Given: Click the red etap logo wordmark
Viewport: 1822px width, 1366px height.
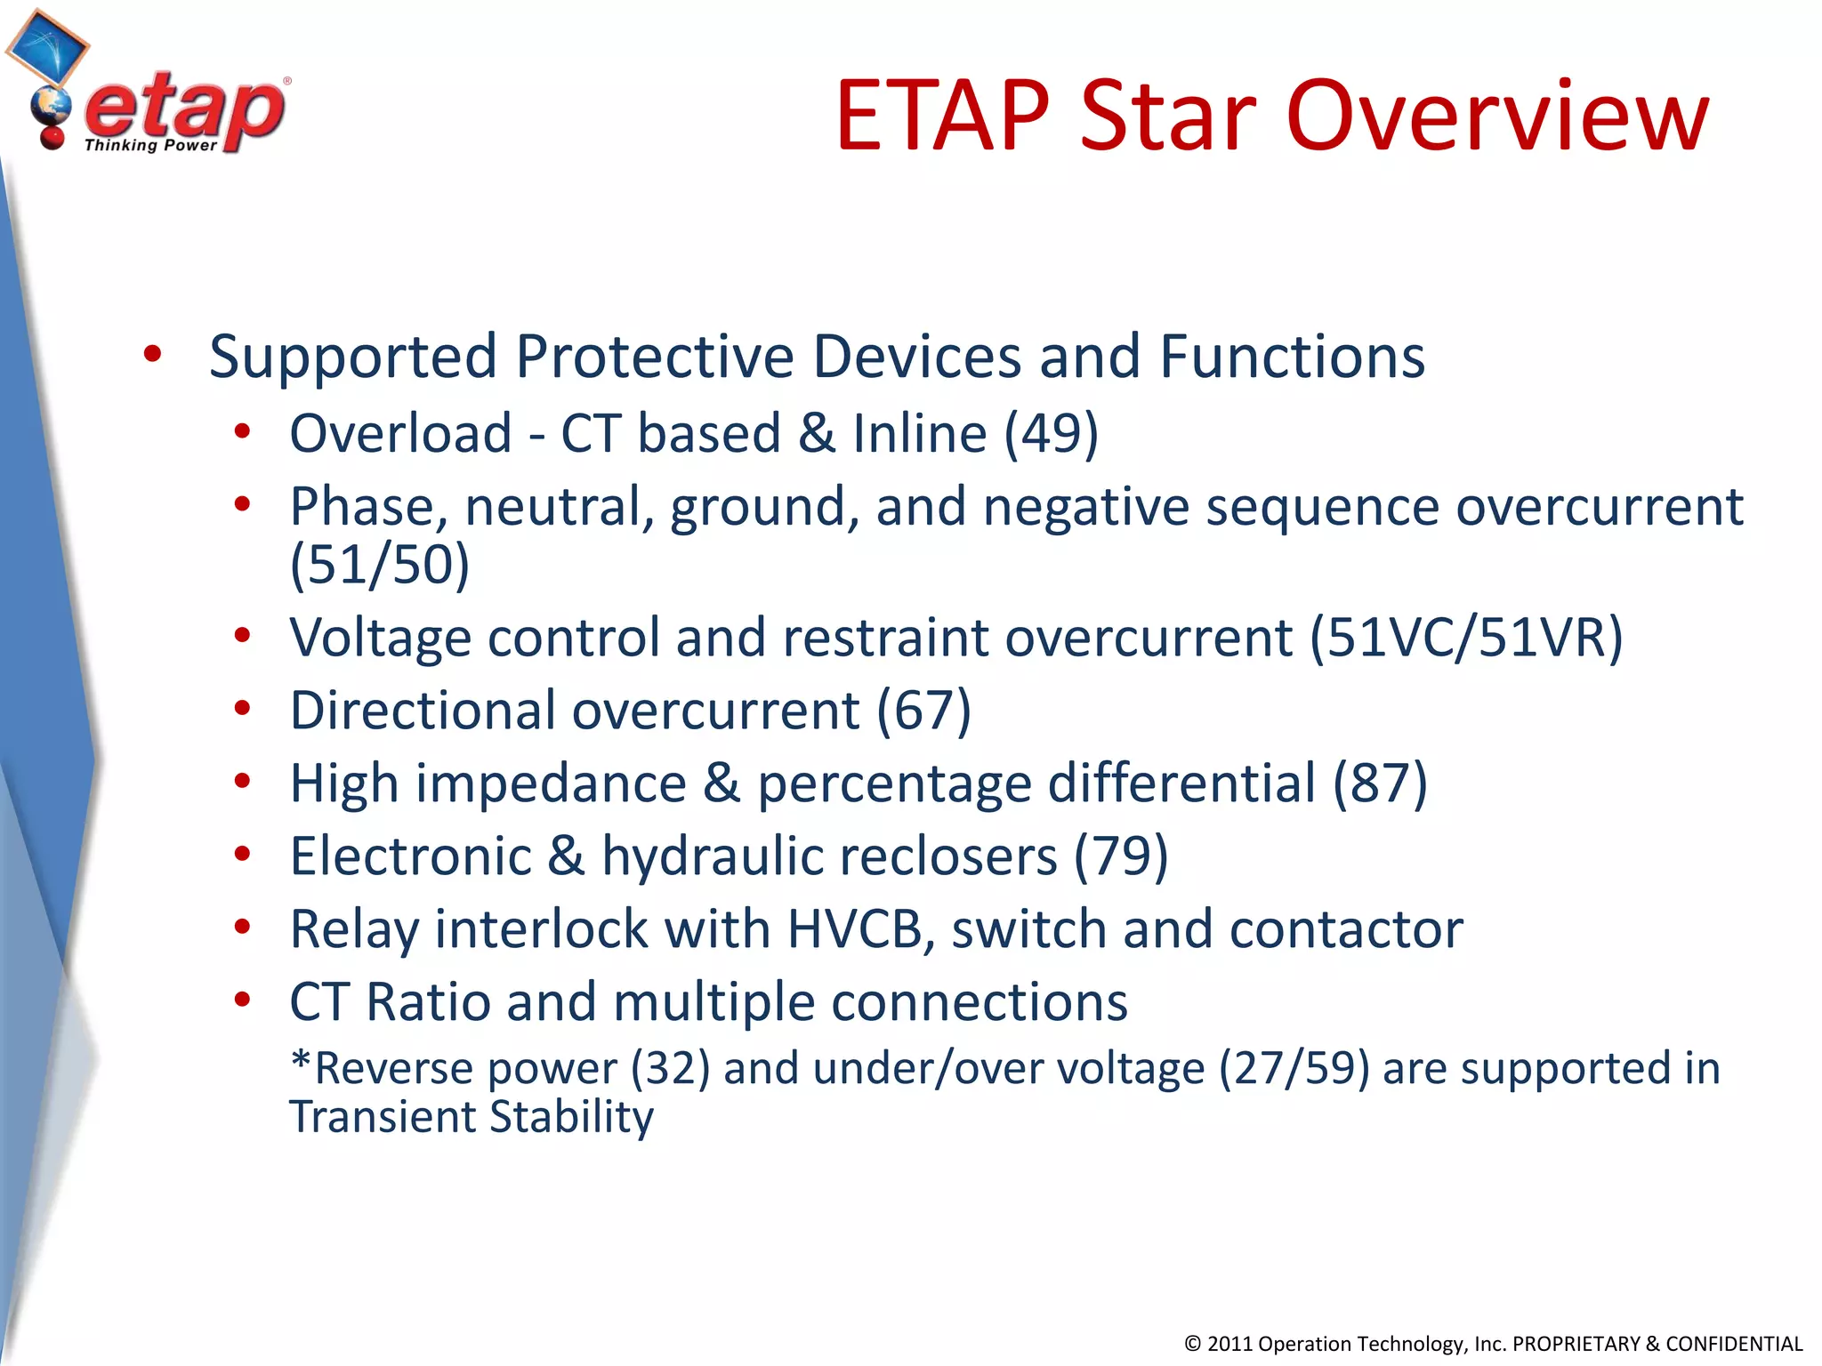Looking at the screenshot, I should (x=185, y=108).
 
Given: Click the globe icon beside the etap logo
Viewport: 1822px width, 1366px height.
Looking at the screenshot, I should (x=51, y=108).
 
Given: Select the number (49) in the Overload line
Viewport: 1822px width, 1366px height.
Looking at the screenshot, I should (x=1052, y=434).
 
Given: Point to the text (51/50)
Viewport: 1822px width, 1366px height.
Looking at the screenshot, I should (x=380, y=564).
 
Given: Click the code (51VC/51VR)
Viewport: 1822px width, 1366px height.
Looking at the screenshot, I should (x=1466, y=638).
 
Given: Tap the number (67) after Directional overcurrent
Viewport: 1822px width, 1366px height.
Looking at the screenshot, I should (x=923, y=711).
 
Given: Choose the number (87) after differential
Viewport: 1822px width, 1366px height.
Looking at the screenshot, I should (x=1380, y=783).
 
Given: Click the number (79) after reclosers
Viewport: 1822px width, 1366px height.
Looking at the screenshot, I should (x=1121, y=856).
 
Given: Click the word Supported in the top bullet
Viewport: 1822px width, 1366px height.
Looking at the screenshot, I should (x=352, y=357).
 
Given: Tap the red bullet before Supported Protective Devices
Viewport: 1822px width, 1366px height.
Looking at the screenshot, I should (x=152, y=353).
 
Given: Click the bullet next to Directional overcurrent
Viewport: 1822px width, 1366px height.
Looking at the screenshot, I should (x=242, y=709).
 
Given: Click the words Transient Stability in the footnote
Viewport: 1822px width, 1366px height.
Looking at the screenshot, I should (x=472, y=1117).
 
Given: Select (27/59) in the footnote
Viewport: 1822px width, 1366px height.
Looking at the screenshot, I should (x=1294, y=1068).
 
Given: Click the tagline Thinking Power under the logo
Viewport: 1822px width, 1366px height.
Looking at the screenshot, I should (x=150, y=145).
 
